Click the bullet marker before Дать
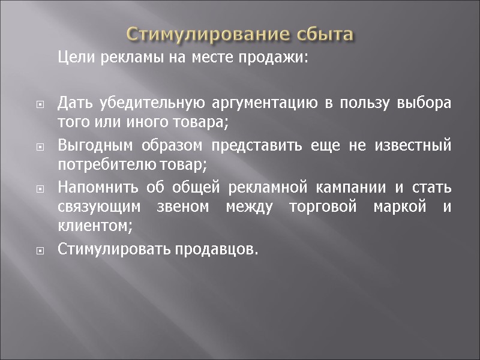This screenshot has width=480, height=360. pyautogui.click(x=40, y=104)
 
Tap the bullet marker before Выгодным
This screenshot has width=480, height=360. pyautogui.click(x=40, y=146)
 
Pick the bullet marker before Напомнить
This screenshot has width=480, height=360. pyautogui.click(x=40, y=189)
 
